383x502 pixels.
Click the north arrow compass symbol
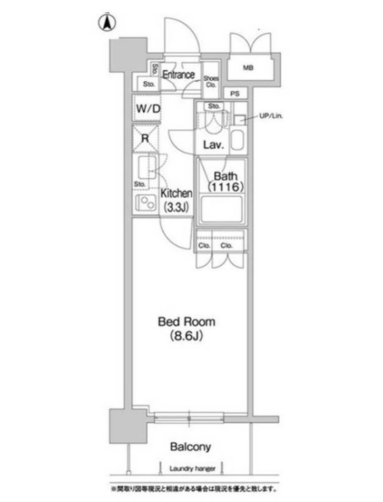(x=106, y=22)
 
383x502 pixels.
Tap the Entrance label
(x=178, y=74)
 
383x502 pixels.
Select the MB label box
(x=248, y=68)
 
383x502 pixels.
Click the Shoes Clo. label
(x=211, y=81)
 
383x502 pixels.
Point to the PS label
(x=235, y=94)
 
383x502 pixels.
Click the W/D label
(x=148, y=108)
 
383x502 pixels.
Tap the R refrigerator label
(x=146, y=138)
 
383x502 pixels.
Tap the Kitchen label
(x=177, y=194)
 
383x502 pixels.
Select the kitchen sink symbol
(x=145, y=162)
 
